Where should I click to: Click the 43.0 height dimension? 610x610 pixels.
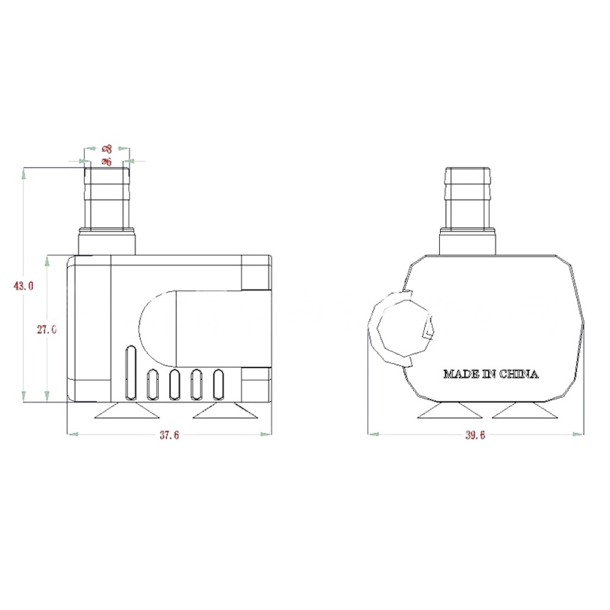point(24,286)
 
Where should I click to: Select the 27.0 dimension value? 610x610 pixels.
point(47,329)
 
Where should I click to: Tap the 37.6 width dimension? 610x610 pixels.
point(169,435)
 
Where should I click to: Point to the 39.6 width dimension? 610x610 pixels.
point(475,435)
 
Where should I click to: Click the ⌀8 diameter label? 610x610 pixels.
point(107,149)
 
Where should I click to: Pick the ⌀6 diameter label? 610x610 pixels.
point(107,162)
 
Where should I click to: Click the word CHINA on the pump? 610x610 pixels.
point(518,374)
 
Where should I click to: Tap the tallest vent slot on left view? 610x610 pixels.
point(131,372)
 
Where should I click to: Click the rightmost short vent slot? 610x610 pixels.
point(219,384)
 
